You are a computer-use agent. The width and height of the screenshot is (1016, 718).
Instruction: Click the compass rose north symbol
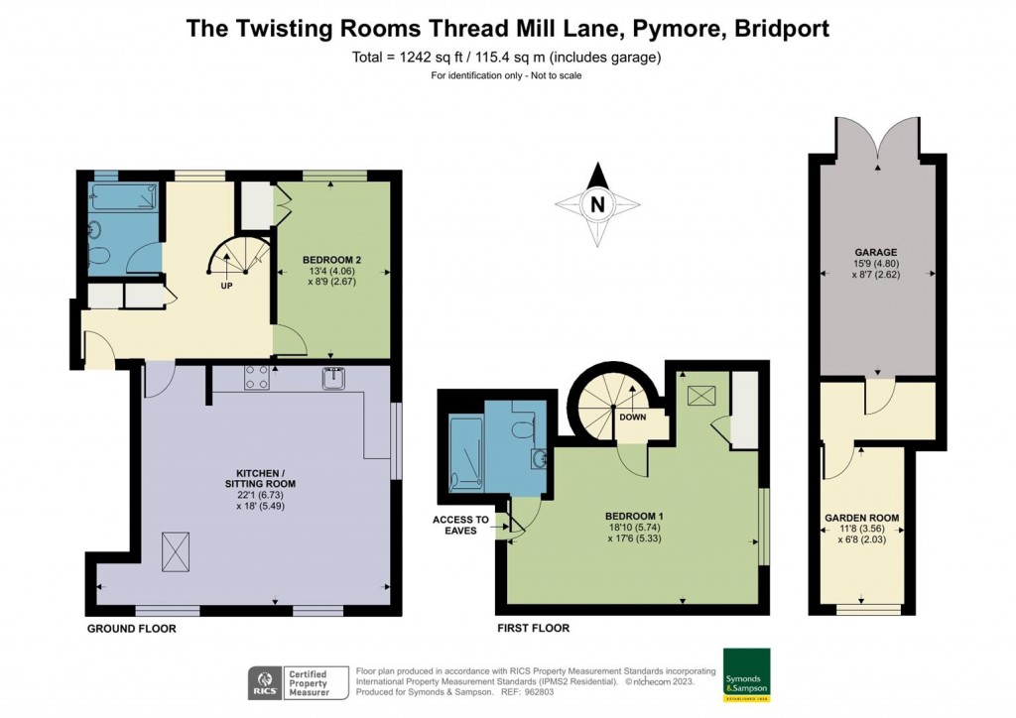click(x=596, y=204)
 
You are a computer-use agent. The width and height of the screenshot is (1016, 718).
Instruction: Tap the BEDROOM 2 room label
click(x=329, y=261)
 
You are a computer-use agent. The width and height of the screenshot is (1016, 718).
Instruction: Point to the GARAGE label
click(x=875, y=252)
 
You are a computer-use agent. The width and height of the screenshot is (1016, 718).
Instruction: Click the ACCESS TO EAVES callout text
click(x=460, y=525)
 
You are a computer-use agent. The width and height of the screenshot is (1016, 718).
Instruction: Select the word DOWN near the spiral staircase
click(x=632, y=417)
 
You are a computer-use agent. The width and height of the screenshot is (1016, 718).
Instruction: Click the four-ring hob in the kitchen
click(x=257, y=377)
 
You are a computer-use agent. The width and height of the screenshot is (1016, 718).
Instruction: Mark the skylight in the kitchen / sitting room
click(x=176, y=546)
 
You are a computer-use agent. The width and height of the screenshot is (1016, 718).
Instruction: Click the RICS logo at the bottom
click(x=263, y=683)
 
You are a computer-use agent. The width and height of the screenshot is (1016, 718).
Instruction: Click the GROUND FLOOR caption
click(x=131, y=629)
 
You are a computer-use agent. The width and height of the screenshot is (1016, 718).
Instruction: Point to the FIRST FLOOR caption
click(x=534, y=629)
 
